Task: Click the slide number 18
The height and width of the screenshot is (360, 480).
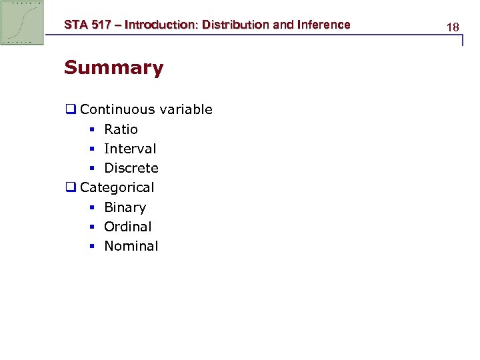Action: click(x=453, y=27)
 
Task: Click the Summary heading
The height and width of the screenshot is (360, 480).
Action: click(x=113, y=68)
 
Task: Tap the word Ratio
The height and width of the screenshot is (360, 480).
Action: click(x=121, y=129)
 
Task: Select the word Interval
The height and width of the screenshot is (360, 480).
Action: click(x=130, y=149)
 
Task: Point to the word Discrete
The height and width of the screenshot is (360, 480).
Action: click(x=131, y=168)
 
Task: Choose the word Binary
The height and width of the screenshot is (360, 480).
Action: click(x=125, y=207)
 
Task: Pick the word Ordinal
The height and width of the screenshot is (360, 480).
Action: click(x=127, y=227)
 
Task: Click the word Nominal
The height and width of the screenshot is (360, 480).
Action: click(x=131, y=246)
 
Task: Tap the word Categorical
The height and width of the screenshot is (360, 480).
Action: click(x=117, y=188)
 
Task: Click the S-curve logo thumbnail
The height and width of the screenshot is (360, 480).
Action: click(x=22, y=23)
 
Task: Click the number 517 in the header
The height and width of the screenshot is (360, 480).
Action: click(x=103, y=25)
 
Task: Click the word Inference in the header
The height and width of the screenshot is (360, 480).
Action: click(x=322, y=25)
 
